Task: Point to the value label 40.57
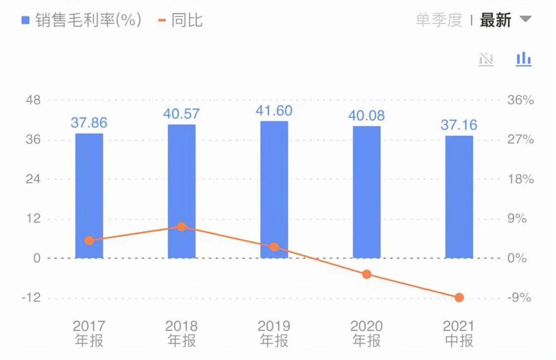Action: click(x=182, y=114)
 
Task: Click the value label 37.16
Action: click(x=459, y=125)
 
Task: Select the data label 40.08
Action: click(x=367, y=116)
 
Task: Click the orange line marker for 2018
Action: click(x=182, y=227)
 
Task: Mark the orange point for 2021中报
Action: click(x=459, y=298)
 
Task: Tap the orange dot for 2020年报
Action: click(x=367, y=274)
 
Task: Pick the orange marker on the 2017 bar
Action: click(x=89, y=241)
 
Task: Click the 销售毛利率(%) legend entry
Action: click(x=82, y=20)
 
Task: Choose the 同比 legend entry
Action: click(x=181, y=20)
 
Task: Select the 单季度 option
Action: click(x=439, y=20)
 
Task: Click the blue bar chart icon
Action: click(x=524, y=59)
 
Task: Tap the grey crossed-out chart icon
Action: click(x=486, y=59)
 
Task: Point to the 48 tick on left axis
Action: click(x=33, y=100)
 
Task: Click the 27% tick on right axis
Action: click(x=521, y=140)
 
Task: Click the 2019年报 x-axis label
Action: click(x=274, y=333)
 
